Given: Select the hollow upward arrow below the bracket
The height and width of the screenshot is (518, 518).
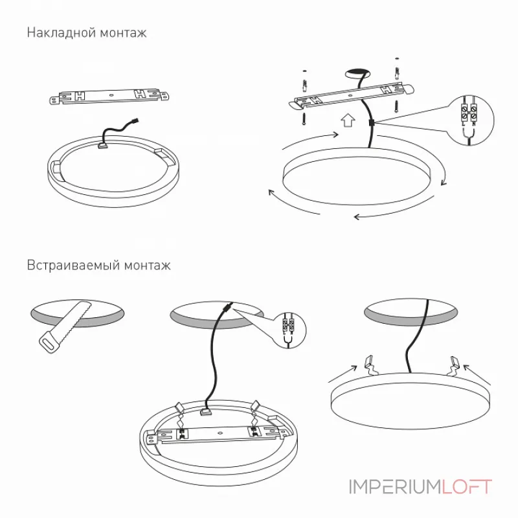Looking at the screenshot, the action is point(348,120).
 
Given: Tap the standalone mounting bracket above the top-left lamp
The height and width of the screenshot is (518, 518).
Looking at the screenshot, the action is point(109,95).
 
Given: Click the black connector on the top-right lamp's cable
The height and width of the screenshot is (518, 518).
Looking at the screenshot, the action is point(371,123).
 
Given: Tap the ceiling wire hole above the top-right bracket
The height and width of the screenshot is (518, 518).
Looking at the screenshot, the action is point(357,74).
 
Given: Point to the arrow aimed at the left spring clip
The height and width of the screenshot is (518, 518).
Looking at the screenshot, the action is point(343,374).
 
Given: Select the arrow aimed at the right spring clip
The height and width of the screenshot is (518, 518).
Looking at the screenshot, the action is point(477,375).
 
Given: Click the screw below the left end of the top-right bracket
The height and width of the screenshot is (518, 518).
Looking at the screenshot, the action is point(304,118).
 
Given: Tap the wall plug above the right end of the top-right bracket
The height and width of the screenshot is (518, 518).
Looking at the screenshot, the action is point(396,73).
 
